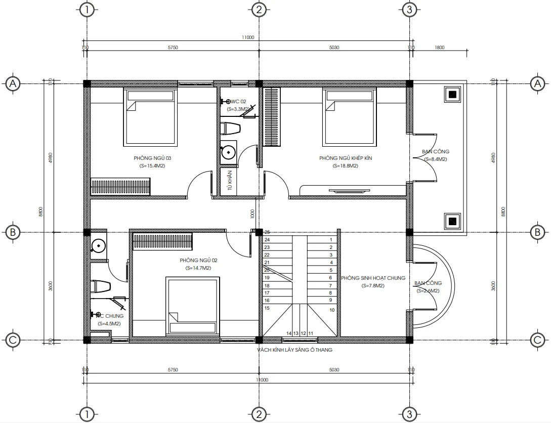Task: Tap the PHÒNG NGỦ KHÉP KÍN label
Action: pyautogui.click(x=346, y=158)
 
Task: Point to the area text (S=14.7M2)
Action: pyautogui.click(x=195, y=268)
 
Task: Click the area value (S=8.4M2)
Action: pyautogui.click(x=435, y=159)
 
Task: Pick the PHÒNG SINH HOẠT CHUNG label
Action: pyautogui.click(x=373, y=278)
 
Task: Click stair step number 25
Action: pyautogui.click(x=267, y=232)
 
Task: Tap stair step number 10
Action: pyautogui.click(x=332, y=310)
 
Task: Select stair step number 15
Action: pyautogui.click(x=267, y=308)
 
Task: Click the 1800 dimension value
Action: pyautogui.click(x=439, y=48)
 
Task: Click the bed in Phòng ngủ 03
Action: pyautogui.click(x=150, y=116)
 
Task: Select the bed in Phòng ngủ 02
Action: pyautogui.click(x=194, y=305)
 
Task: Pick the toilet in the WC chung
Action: pyautogui.click(x=100, y=287)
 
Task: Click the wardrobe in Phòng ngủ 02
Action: pyautogui.click(x=162, y=241)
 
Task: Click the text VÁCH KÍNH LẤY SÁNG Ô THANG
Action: pyautogui.click(x=294, y=350)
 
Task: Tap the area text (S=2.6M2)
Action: pyautogui.click(x=428, y=291)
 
